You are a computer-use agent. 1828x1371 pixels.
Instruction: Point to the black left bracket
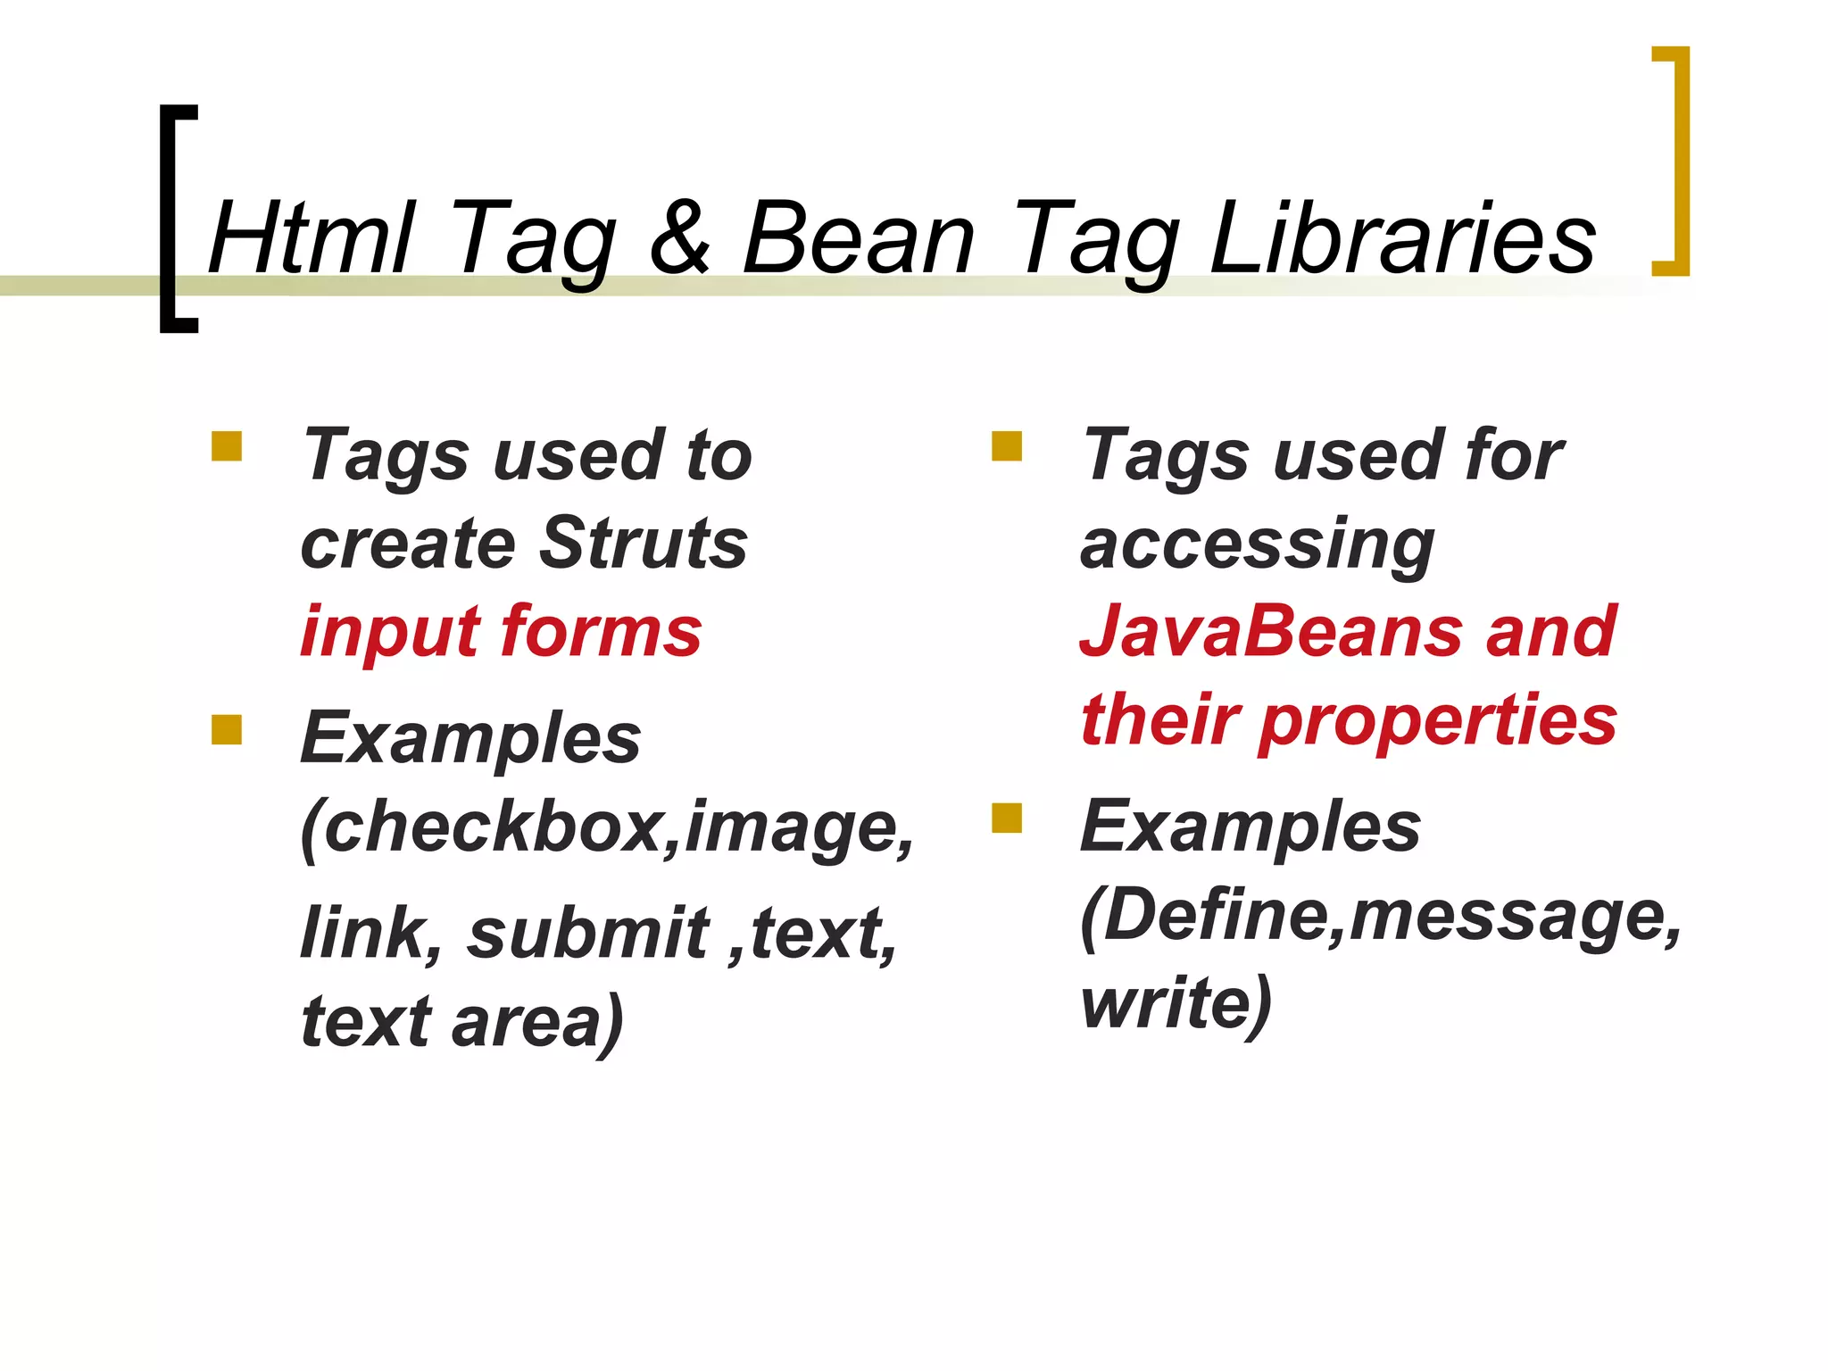170,219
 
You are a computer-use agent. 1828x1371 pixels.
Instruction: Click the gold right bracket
1678,161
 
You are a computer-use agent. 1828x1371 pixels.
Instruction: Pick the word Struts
644,543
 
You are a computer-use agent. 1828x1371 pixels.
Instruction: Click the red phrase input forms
501,632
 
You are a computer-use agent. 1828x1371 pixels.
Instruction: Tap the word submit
588,934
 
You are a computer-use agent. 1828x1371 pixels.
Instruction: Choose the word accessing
1257,544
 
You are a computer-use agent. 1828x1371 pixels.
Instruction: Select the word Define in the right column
1212,915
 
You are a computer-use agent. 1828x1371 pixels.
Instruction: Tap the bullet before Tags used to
227,445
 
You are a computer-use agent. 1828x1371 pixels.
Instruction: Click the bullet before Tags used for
1006,445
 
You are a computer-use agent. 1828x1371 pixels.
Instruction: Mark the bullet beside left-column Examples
227,729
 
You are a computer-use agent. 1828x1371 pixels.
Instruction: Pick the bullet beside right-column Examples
1006,818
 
